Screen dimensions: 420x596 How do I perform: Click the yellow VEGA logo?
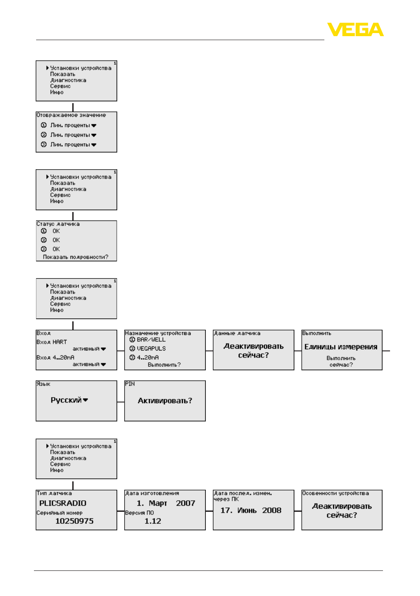355,29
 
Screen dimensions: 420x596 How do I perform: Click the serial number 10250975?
74,521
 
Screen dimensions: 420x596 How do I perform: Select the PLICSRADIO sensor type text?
63,503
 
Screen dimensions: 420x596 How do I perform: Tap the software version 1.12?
152,521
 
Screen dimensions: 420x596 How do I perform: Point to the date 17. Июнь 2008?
251,510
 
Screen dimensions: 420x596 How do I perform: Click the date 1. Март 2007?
166,503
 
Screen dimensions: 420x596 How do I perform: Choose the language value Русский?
66,400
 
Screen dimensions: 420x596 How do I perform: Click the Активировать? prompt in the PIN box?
165,401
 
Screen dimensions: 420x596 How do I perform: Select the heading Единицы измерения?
341,347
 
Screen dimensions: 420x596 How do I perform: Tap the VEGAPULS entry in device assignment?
151,349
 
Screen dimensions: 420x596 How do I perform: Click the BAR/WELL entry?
151,340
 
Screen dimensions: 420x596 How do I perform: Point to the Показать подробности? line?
75,257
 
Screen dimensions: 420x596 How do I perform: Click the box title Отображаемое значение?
71,115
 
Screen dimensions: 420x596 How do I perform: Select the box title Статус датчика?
58,224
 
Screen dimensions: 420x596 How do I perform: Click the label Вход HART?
52,342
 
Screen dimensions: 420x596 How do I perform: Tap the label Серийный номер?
59,513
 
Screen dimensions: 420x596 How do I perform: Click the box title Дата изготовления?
152,493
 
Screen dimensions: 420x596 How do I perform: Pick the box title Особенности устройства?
335,493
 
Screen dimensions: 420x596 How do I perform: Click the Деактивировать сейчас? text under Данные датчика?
253,351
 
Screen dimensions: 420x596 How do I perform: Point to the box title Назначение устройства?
158,333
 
